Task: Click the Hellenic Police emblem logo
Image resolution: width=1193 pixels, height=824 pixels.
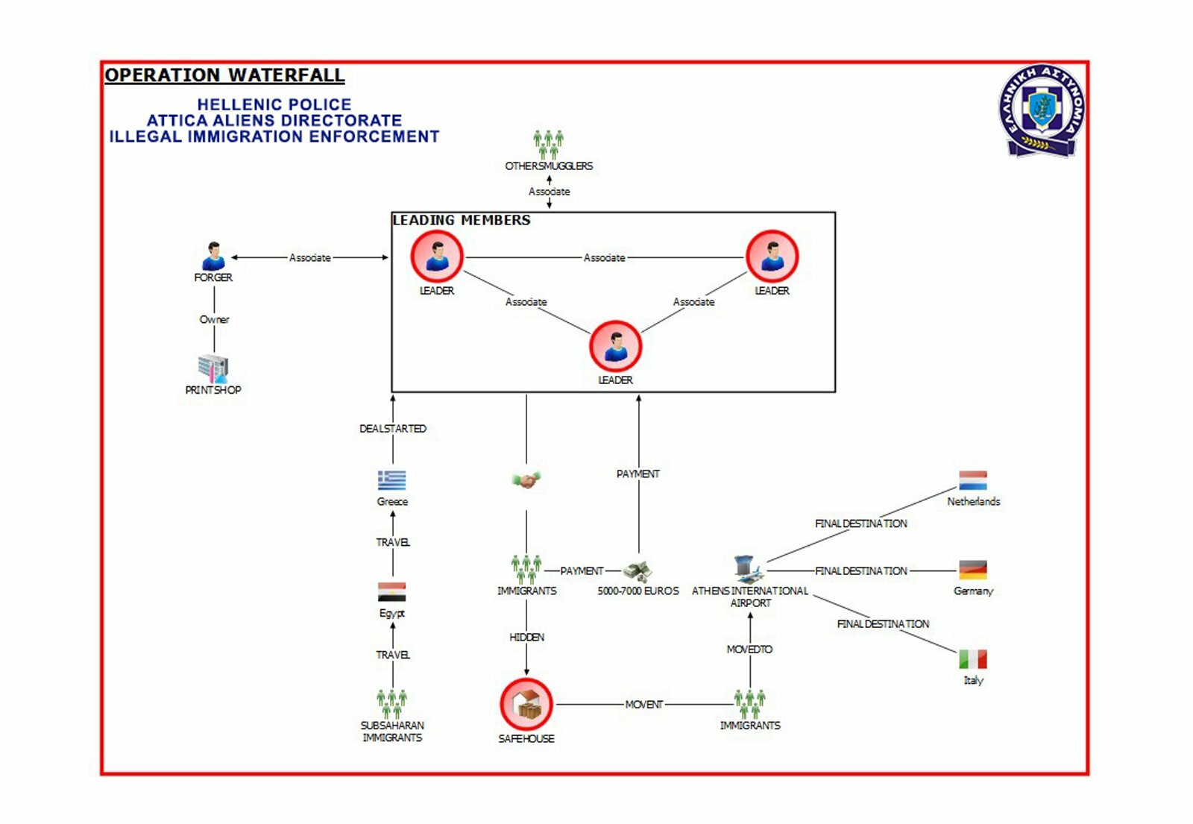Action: (x=1042, y=110)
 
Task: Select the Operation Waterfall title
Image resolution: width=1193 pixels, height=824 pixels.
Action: (x=224, y=75)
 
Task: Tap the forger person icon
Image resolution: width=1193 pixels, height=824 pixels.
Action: (x=213, y=256)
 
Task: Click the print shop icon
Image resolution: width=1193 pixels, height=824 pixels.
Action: (x=213, y=368)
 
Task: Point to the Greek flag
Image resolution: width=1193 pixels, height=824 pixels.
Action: (x=392, y=479)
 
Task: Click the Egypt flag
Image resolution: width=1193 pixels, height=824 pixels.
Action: (x=392, y=592)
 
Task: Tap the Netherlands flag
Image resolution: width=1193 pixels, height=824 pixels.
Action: (x=973, y=480)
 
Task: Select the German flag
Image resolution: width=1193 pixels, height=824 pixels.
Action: (x=973, y=570)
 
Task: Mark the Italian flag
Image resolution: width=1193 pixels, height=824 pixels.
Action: (x=973, y=659)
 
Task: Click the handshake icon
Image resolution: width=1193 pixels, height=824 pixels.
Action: (x=526, y=480)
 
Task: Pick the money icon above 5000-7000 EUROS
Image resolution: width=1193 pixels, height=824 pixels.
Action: (x=638, y=571)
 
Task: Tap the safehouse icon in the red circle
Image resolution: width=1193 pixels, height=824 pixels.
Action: (x=526, y=704)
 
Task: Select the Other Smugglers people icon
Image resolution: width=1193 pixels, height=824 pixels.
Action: (x=549, y=144)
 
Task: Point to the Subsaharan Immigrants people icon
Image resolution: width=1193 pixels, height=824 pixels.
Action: (x=392, y=703)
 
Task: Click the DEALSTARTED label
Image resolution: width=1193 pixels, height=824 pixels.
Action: (x=393, y=429)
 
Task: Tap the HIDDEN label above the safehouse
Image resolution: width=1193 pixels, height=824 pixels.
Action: (x=526, y=638)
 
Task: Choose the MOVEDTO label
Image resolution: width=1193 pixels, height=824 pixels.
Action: (x=749, y=650)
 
